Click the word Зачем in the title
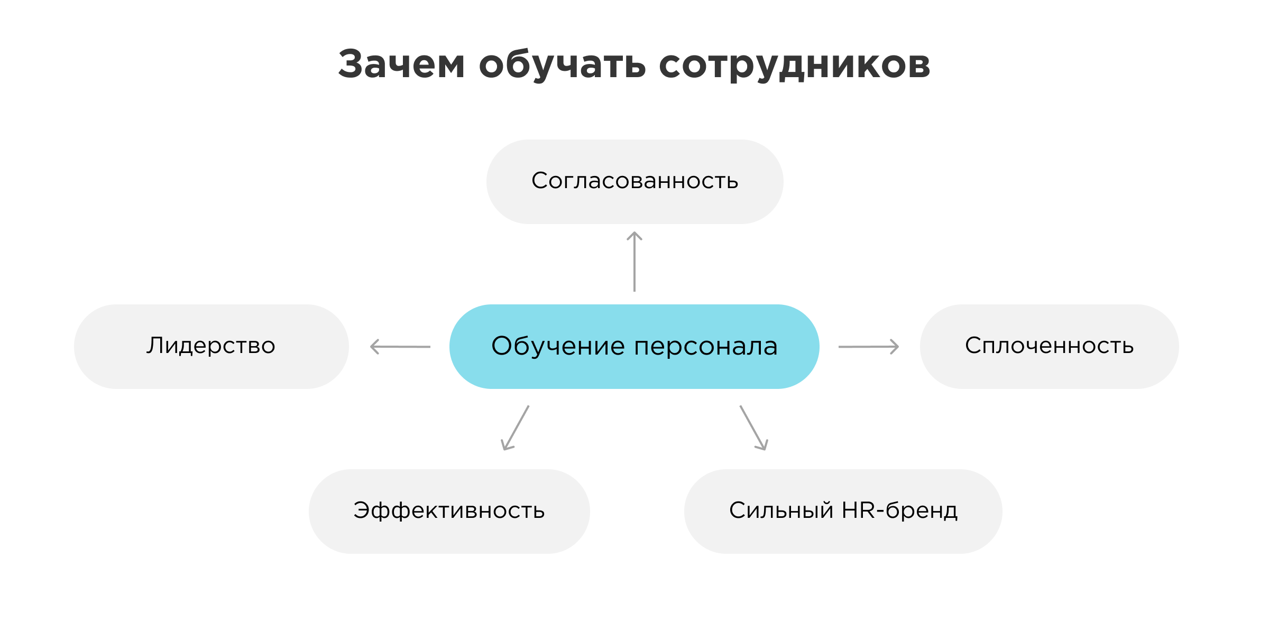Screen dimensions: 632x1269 401,64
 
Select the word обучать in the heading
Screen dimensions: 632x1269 562,65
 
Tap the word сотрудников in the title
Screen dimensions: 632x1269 794,65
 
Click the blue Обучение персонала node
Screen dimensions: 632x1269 634,347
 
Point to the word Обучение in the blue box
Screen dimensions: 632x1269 558,347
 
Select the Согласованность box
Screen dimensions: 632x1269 635,181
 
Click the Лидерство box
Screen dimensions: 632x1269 211,346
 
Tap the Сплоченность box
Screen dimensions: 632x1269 1049,346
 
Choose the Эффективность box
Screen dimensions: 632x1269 449,511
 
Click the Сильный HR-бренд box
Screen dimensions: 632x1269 843,511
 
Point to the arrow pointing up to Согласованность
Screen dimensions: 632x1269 635,262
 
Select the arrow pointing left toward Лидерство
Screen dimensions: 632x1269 400,347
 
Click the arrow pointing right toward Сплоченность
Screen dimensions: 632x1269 868,347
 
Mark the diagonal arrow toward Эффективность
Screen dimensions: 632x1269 516,427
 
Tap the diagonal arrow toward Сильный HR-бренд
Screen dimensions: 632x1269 753,427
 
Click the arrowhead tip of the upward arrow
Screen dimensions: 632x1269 635,233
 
